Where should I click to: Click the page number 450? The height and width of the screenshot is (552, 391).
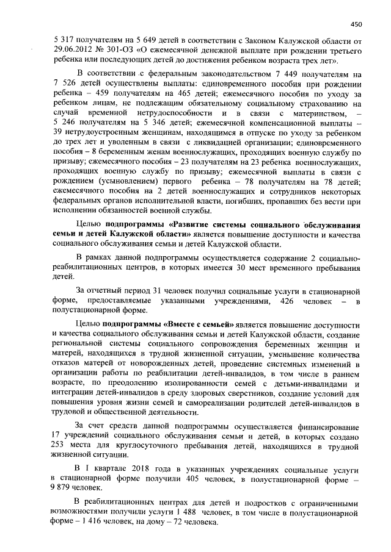click(356, 24)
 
